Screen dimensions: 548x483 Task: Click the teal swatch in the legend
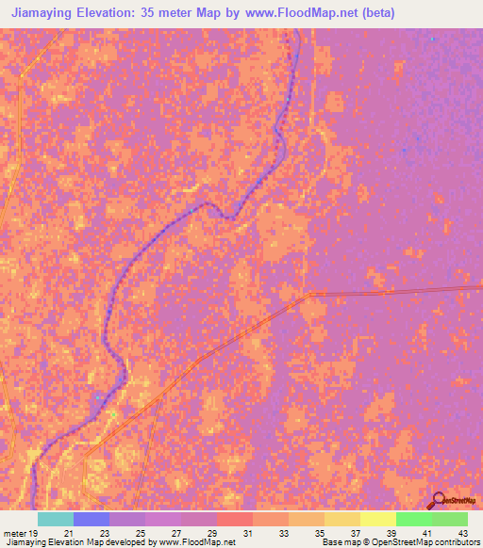[56, 519]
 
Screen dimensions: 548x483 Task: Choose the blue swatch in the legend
[92, 519]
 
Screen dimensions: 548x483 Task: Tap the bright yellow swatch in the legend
[378, 519]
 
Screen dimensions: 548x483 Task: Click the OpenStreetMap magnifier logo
[440, 501]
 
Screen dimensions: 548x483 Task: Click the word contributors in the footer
[458, 543]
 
